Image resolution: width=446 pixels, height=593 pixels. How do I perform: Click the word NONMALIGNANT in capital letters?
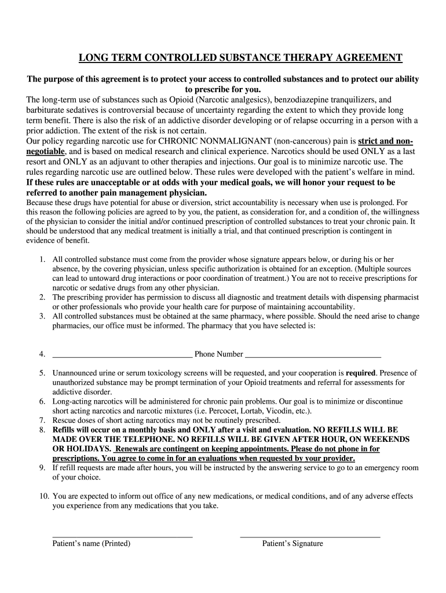(x=221, y=141)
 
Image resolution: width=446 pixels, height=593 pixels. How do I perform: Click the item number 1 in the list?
(x=42, y=260)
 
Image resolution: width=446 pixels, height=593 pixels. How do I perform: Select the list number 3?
(x=42, y=316)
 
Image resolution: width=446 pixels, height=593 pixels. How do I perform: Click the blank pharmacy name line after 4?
(x=122, y=354)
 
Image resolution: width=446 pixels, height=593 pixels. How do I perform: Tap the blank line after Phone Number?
(x=313, y=354)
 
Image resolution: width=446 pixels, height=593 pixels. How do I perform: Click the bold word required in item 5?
(x=361, y=374)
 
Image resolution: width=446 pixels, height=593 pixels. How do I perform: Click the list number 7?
(x=42, y=420)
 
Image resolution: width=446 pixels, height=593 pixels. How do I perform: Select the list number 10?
(x=44, y=496)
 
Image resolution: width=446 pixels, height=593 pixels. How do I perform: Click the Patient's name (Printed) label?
(x=92, y=544)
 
